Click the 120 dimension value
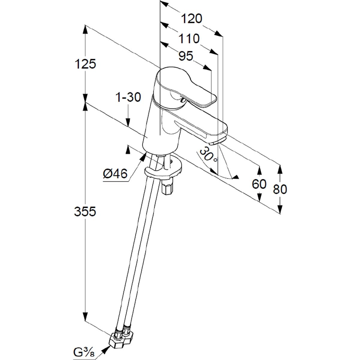click(x=192, y=19)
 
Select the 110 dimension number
click(x=189, y=39)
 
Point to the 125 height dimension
click(x=85, y=64)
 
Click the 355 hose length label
click(x=85, y=212)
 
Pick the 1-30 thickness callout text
click(x=128, y=97)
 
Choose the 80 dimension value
click(x=280, y=189)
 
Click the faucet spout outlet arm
click(x=198, y=126)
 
